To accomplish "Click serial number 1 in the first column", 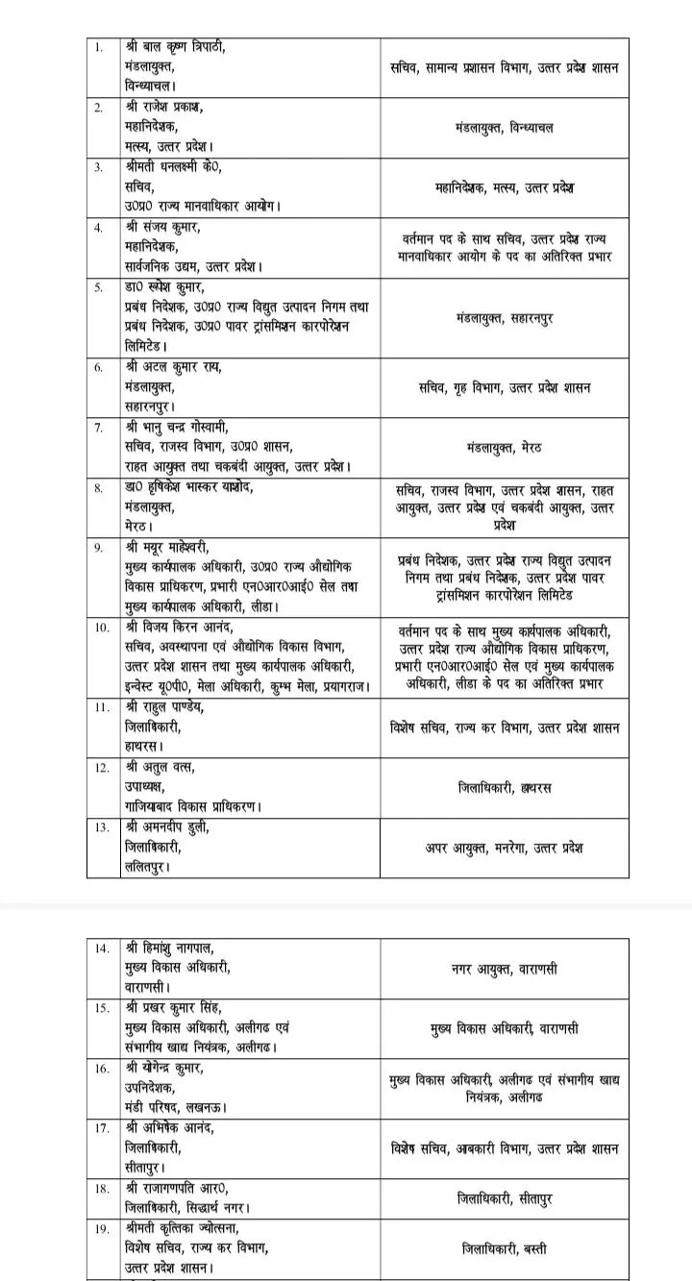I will (99, 47).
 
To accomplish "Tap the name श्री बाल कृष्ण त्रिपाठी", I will (177, 47).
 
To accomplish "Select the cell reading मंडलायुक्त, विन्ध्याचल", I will (505, 128).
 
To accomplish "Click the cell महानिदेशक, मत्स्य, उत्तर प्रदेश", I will (505, 188).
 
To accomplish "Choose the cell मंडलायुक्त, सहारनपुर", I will (505, 317).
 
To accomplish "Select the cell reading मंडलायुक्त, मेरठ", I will (505, 447).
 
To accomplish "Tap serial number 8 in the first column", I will (99, 487).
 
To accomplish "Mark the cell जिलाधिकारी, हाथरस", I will (505, 788).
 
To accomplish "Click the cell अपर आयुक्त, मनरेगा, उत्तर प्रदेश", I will (505, 849).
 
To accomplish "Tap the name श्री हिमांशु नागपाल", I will (172, 948).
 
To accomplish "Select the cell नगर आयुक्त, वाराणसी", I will (505, 969).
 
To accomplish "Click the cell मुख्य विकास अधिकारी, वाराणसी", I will (505, 1028).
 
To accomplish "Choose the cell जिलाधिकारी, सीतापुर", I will (505, 1198).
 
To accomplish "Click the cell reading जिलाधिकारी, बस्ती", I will (505, 1249).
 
